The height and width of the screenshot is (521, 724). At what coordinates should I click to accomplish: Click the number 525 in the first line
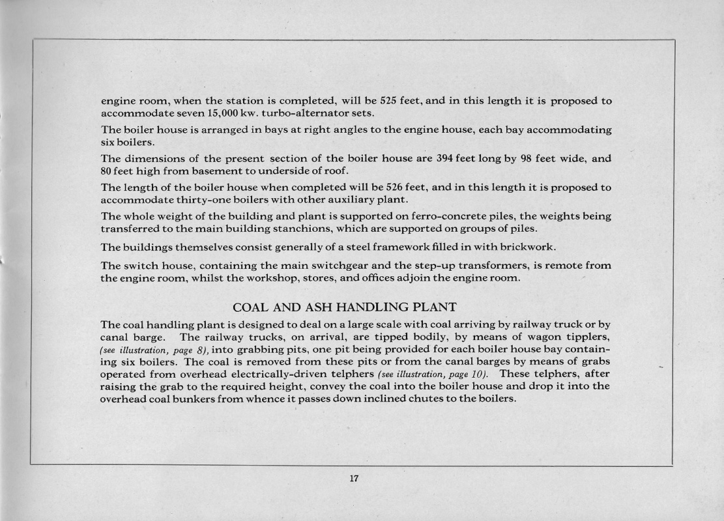390,101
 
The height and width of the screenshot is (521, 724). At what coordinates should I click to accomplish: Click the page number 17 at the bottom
354,479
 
